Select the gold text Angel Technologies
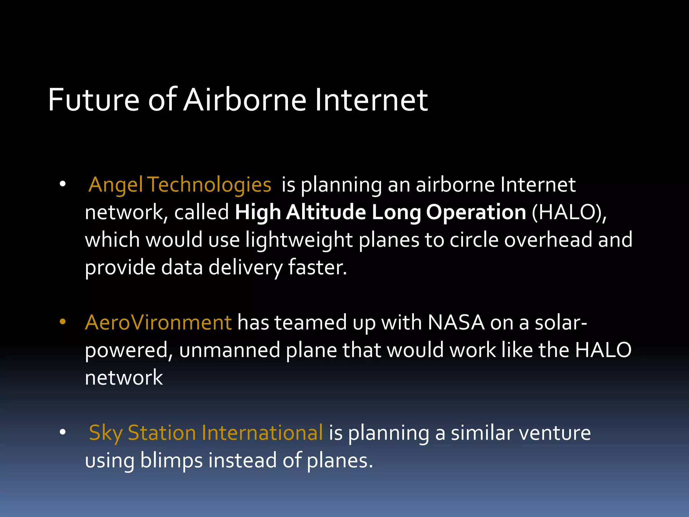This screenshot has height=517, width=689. pos(180,185)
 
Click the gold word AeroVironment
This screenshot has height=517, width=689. pos(158,322)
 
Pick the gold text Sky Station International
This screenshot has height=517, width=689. pos(206,433)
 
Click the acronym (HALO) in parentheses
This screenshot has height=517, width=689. pos(569,212)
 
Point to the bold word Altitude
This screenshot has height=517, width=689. pos(326,212)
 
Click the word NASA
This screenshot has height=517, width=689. pos(456,322)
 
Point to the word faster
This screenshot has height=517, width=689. pos(317,268)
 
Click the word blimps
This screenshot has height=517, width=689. pos(171,461)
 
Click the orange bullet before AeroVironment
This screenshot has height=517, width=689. pos(63,322)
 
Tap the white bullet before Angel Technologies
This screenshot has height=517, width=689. pos(63,184)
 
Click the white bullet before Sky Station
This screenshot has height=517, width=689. pos(63,432)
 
